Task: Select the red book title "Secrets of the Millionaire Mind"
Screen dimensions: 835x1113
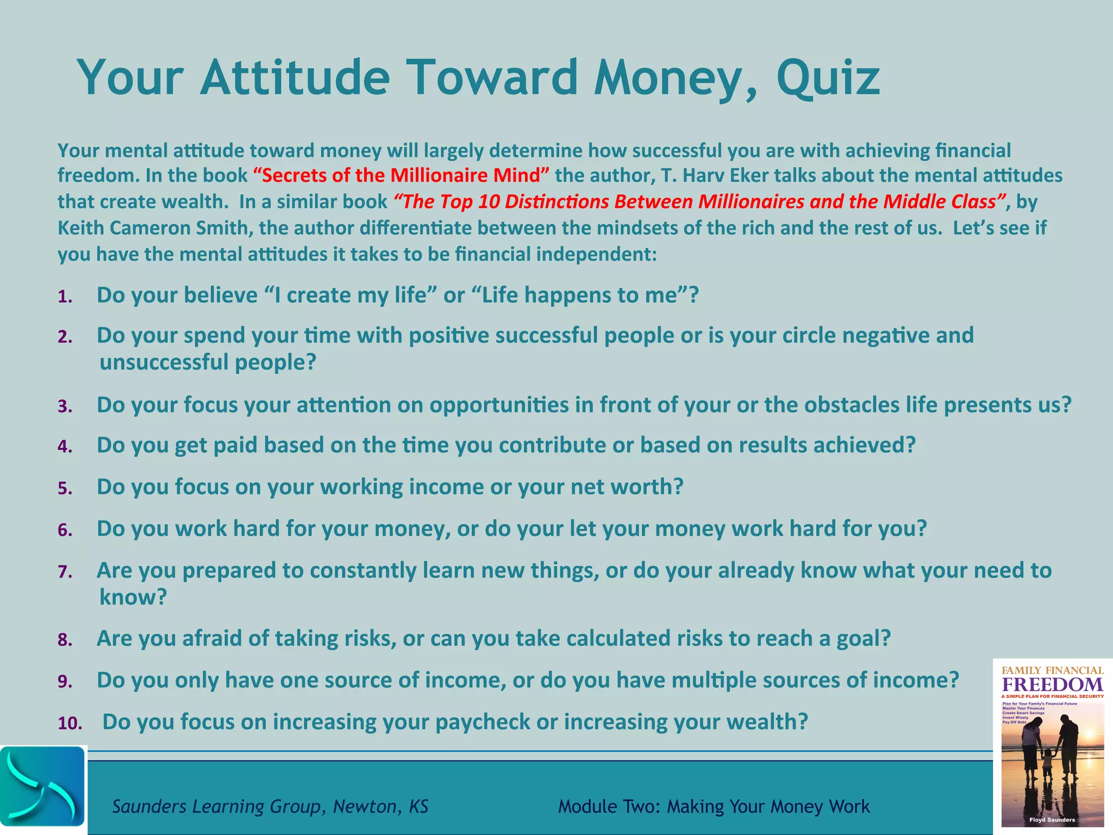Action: coord(401,176)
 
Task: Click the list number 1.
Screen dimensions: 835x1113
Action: coord(65,297)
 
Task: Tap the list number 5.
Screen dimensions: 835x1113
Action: coord(65,489)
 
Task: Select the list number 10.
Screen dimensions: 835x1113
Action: coord(70,724)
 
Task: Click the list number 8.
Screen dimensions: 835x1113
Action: coord(65,640)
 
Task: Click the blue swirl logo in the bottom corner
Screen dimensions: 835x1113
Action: coord(42,788)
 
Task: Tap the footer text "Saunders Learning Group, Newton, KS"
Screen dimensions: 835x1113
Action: coord(270,806)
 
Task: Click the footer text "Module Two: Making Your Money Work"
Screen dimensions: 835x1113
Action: coord(714,806)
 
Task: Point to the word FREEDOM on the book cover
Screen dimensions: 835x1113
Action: coord(1052,684)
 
